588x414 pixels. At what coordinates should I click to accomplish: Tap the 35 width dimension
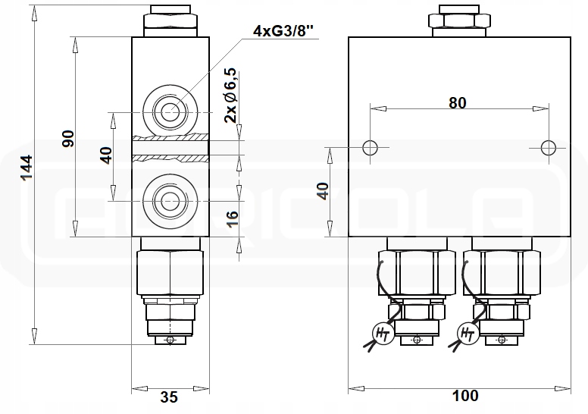coord(170,397)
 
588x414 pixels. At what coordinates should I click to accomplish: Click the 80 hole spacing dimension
coord(457,102)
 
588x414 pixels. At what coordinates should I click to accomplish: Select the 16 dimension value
coord(232,220)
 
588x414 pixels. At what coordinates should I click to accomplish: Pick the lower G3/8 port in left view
coord(169,202)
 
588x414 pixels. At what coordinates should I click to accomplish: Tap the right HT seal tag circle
coord(468,332)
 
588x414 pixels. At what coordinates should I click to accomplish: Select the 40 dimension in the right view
coord(324,191)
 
